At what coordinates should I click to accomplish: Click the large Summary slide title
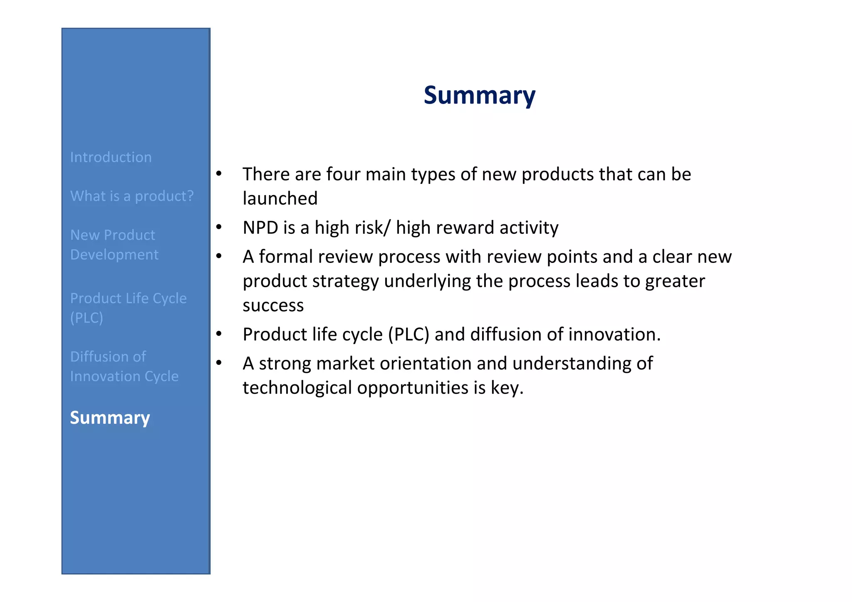point(479,95)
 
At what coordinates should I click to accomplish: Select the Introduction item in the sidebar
point(111,157)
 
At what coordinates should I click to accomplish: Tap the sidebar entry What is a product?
point(132,196)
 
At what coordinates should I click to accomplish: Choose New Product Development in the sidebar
point(114,245)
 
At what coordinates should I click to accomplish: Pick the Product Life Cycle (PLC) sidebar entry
point(128,308)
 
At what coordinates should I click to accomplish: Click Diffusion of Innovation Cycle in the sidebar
point(124,367)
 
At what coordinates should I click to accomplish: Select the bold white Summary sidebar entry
point(110,418)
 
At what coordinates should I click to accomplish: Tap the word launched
point(280,198)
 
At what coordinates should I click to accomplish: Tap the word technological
point(297,388)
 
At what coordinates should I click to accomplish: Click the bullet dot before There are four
point(219,173)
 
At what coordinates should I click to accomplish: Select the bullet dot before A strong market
point(219,362)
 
